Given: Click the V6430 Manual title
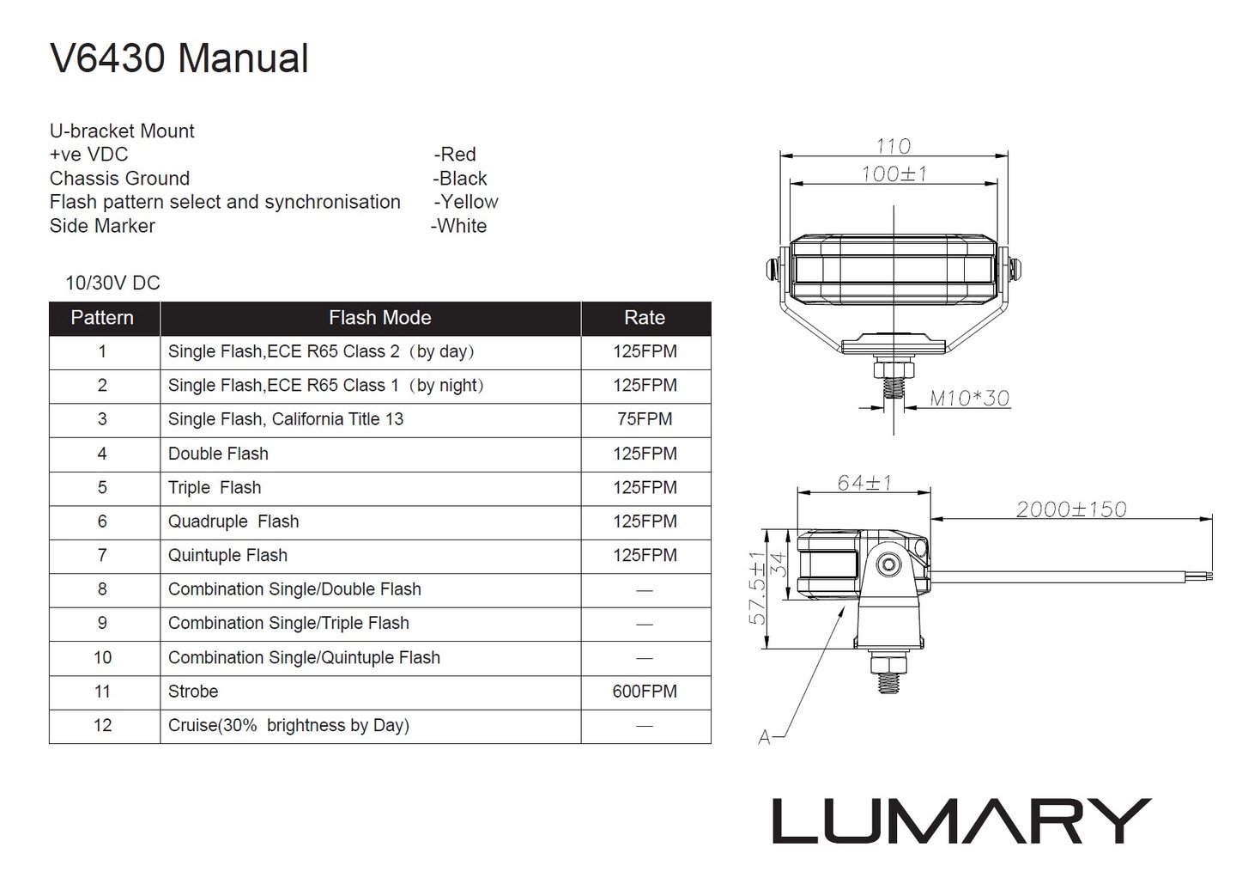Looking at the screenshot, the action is point(179,58).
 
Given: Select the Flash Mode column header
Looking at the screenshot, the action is point(379,318).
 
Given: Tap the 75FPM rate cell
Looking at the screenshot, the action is point(645,419).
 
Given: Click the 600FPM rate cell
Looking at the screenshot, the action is point(645,692).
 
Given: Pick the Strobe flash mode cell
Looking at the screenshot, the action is point(193,692).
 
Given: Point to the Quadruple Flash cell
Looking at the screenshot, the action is point(233,521).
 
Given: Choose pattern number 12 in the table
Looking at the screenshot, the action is point(103,725).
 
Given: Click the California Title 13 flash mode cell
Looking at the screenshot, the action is point(286,419).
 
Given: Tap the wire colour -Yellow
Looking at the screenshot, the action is point(466,202).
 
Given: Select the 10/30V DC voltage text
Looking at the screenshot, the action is point(112,283).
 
